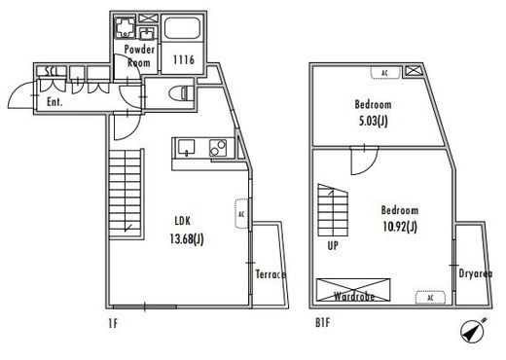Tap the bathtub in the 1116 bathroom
tap(182, 28)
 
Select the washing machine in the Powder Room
tap(126, 27)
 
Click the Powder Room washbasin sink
tap(148, 33)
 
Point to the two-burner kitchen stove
tap(218, 148)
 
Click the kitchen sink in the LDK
tap(186, 147)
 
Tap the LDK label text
tap(183, 221)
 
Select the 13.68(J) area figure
tap(187, 239)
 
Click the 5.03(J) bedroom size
tap(373, 121)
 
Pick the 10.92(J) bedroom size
tap(400, 227)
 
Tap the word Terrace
tap(271, 274)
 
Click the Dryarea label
tap(476, 273)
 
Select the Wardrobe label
tap(354, 296)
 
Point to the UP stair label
tap(333, 245)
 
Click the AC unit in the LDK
tap(241, 214)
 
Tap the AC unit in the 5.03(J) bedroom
tap(385, 73)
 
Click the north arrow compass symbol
tap(473, 330)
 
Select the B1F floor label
tap(322, 323)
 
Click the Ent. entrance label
tap(54, 102)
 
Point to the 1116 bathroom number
tap(184, 59)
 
